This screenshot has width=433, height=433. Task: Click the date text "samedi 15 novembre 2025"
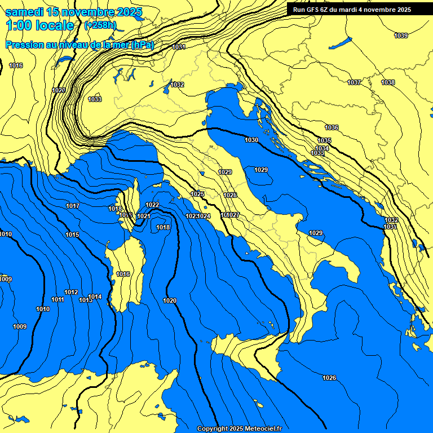[73, 12]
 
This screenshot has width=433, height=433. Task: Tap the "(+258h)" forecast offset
[100, 25]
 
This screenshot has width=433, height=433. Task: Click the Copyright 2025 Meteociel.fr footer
[239, 428]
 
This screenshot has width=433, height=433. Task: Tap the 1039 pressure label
[401, 36]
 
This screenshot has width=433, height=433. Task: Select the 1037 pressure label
[354, 83]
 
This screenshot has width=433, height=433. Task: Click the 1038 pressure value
[388, 83]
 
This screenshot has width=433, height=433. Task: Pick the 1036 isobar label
[332, 128]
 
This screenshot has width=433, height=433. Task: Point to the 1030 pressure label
[251, 140]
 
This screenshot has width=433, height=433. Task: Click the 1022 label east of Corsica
[152, 205]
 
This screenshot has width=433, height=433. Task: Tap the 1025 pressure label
[197, 194]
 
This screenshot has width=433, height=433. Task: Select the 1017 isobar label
[73, 206]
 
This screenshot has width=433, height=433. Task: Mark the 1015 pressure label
[72, 235]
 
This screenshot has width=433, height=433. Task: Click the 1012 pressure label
[71, 293]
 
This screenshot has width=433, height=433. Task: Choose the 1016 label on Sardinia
[123, 275]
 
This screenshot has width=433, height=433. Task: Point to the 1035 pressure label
[324, 140]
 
